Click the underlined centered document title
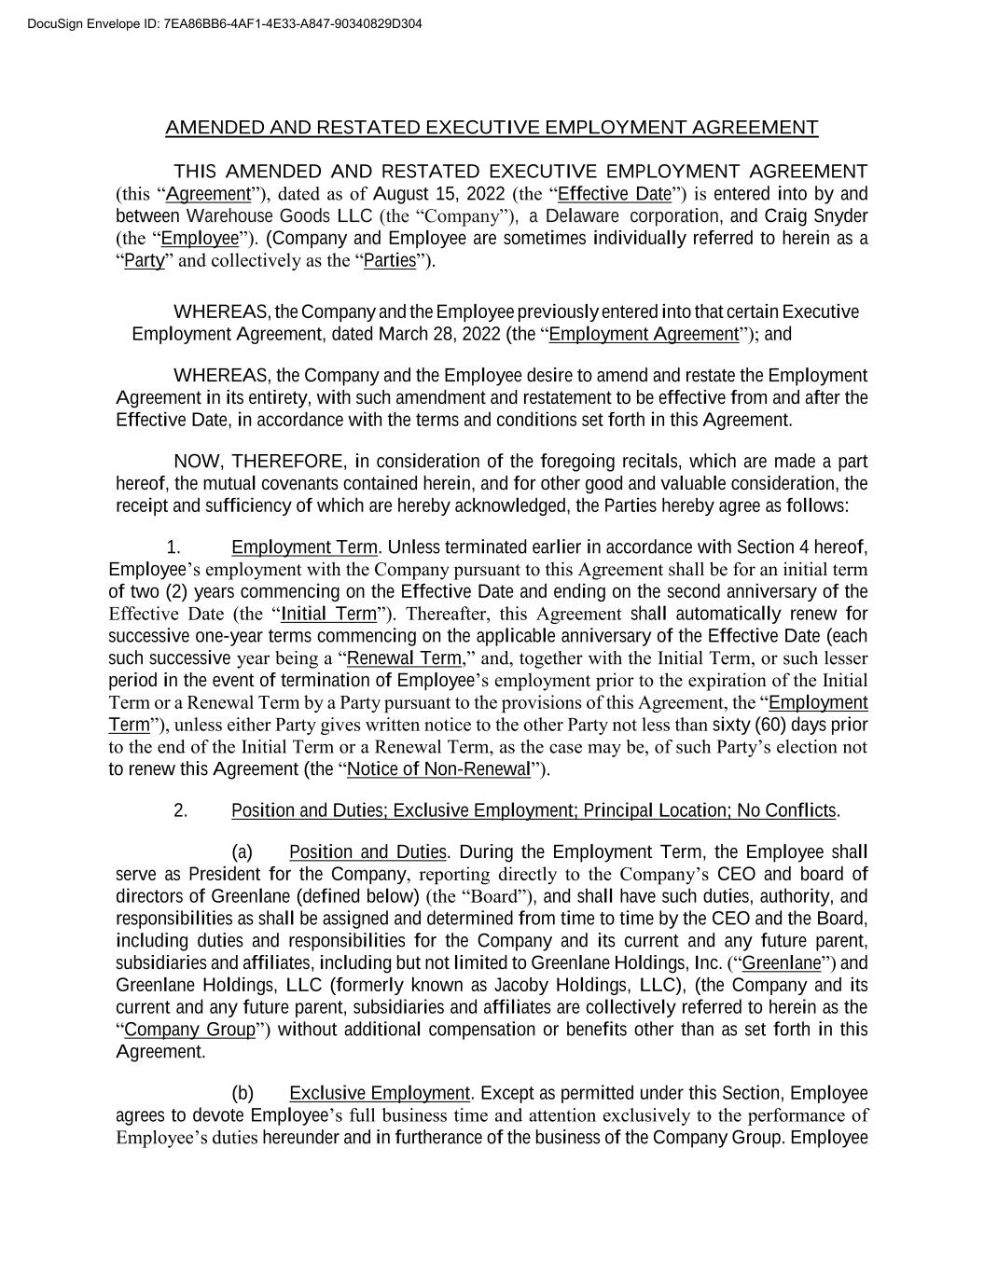[x=492, y=127]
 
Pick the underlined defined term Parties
[x=390, y=261]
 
